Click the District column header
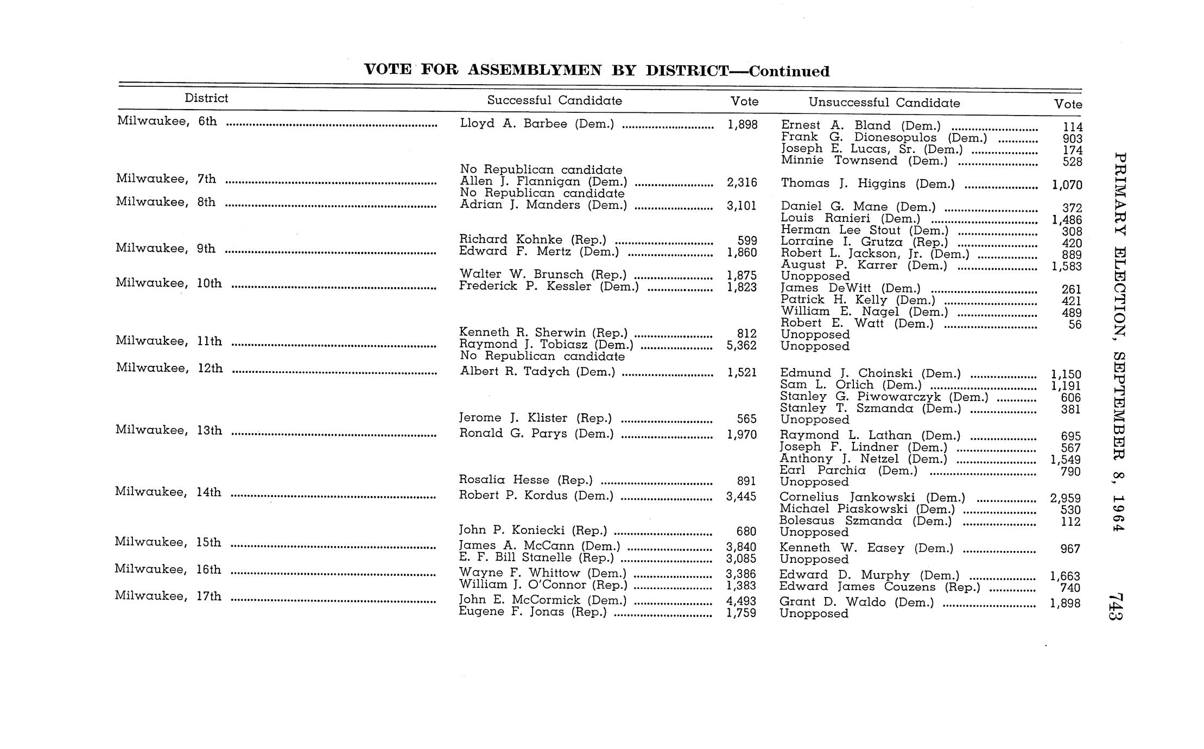[x=206, y=98]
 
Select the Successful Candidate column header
[x=554, y=100]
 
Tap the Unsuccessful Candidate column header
[x=884, y=103]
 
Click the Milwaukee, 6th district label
[x=167, y=121]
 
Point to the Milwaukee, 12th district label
[x=169, y=368]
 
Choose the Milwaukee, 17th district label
[x=168, y=596]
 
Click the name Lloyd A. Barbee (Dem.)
[x=537, y=124]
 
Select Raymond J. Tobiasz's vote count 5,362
[x=742, y=345]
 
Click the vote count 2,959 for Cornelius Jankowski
[x=1066, y=498]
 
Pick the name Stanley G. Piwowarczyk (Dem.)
[x=884, y=397]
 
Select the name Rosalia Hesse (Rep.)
[x=525, y=480]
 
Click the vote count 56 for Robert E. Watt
[x=1074, y=325]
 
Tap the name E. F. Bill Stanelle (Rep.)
[x=536, y=557]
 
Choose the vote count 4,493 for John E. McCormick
[x=741, y=601]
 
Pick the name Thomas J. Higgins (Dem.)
[x=867, y=184]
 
